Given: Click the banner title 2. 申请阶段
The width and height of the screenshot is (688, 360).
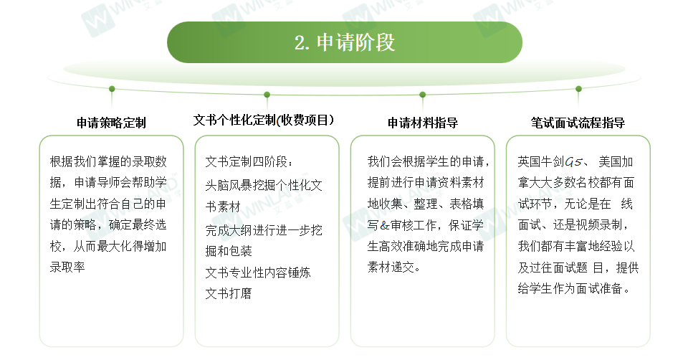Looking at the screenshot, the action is click(345, 42).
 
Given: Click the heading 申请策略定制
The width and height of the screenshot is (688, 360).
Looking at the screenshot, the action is click(111, 123).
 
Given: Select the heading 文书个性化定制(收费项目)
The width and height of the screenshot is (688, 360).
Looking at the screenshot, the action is click(264, 120).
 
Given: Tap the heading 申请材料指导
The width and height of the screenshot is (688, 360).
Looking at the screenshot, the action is click(423, 123).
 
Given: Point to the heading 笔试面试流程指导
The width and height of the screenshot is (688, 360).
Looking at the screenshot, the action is click(578, 123).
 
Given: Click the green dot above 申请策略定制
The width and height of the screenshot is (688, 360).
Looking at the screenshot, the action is click(112, 89).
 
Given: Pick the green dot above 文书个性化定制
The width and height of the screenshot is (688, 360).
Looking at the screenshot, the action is click(267, 95).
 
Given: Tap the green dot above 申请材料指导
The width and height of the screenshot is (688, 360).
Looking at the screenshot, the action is click(423, 95).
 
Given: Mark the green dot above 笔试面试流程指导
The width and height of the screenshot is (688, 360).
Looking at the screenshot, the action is click(579, 89).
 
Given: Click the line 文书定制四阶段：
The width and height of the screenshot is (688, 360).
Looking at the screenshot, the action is click(249, 161).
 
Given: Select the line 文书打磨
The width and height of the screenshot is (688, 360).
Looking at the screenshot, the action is click(229, 293).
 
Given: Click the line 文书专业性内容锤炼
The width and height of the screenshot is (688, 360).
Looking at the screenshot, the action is click(258, 273).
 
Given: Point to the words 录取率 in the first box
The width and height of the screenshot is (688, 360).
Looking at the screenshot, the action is click(67, 267).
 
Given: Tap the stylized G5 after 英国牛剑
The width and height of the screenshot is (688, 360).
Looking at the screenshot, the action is click(573, 162).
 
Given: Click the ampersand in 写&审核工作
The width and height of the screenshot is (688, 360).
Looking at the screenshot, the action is click(384, 225).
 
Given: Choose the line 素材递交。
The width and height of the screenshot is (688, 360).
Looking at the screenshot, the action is click(394, 267).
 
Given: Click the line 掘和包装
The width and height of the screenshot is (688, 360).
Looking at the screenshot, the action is click(229, 251).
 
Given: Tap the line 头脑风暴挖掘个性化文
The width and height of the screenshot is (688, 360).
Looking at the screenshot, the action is click(264, 185).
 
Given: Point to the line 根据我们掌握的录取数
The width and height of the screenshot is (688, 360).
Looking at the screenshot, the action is click(108, 161).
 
